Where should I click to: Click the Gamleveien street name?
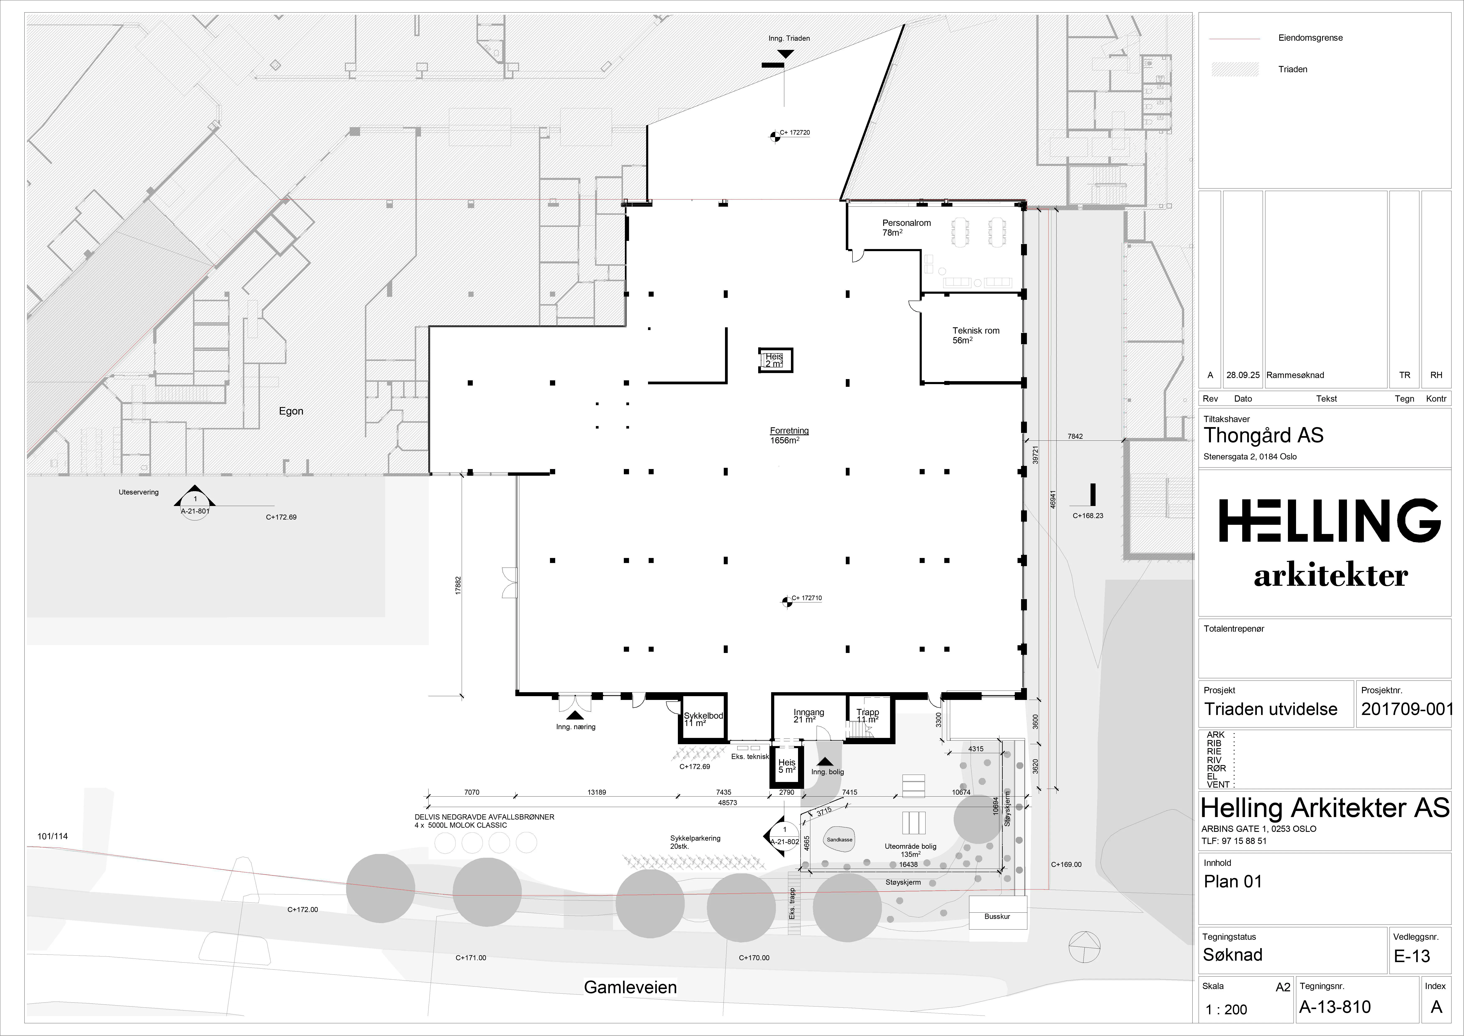pyautogui.click(x=630, y=988)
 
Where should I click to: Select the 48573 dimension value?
pyautogui.click(x=728, y=802)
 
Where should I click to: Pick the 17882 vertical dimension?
pyautogui.click(x=458, y=586)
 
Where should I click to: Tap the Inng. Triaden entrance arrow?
pyautogui.click(x=786, y=54)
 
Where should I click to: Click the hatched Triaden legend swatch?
pyautogui.click(x=1235, y=69)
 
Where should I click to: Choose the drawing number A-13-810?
pyautogui.click(x=1335, y=1007)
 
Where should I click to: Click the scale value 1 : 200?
pyautogui.click(x=1226, y=1009)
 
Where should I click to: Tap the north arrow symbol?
pyautogui.click(x=1084, y=945)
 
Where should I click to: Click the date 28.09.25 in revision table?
pyautogui.click(x=1243, y=375)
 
